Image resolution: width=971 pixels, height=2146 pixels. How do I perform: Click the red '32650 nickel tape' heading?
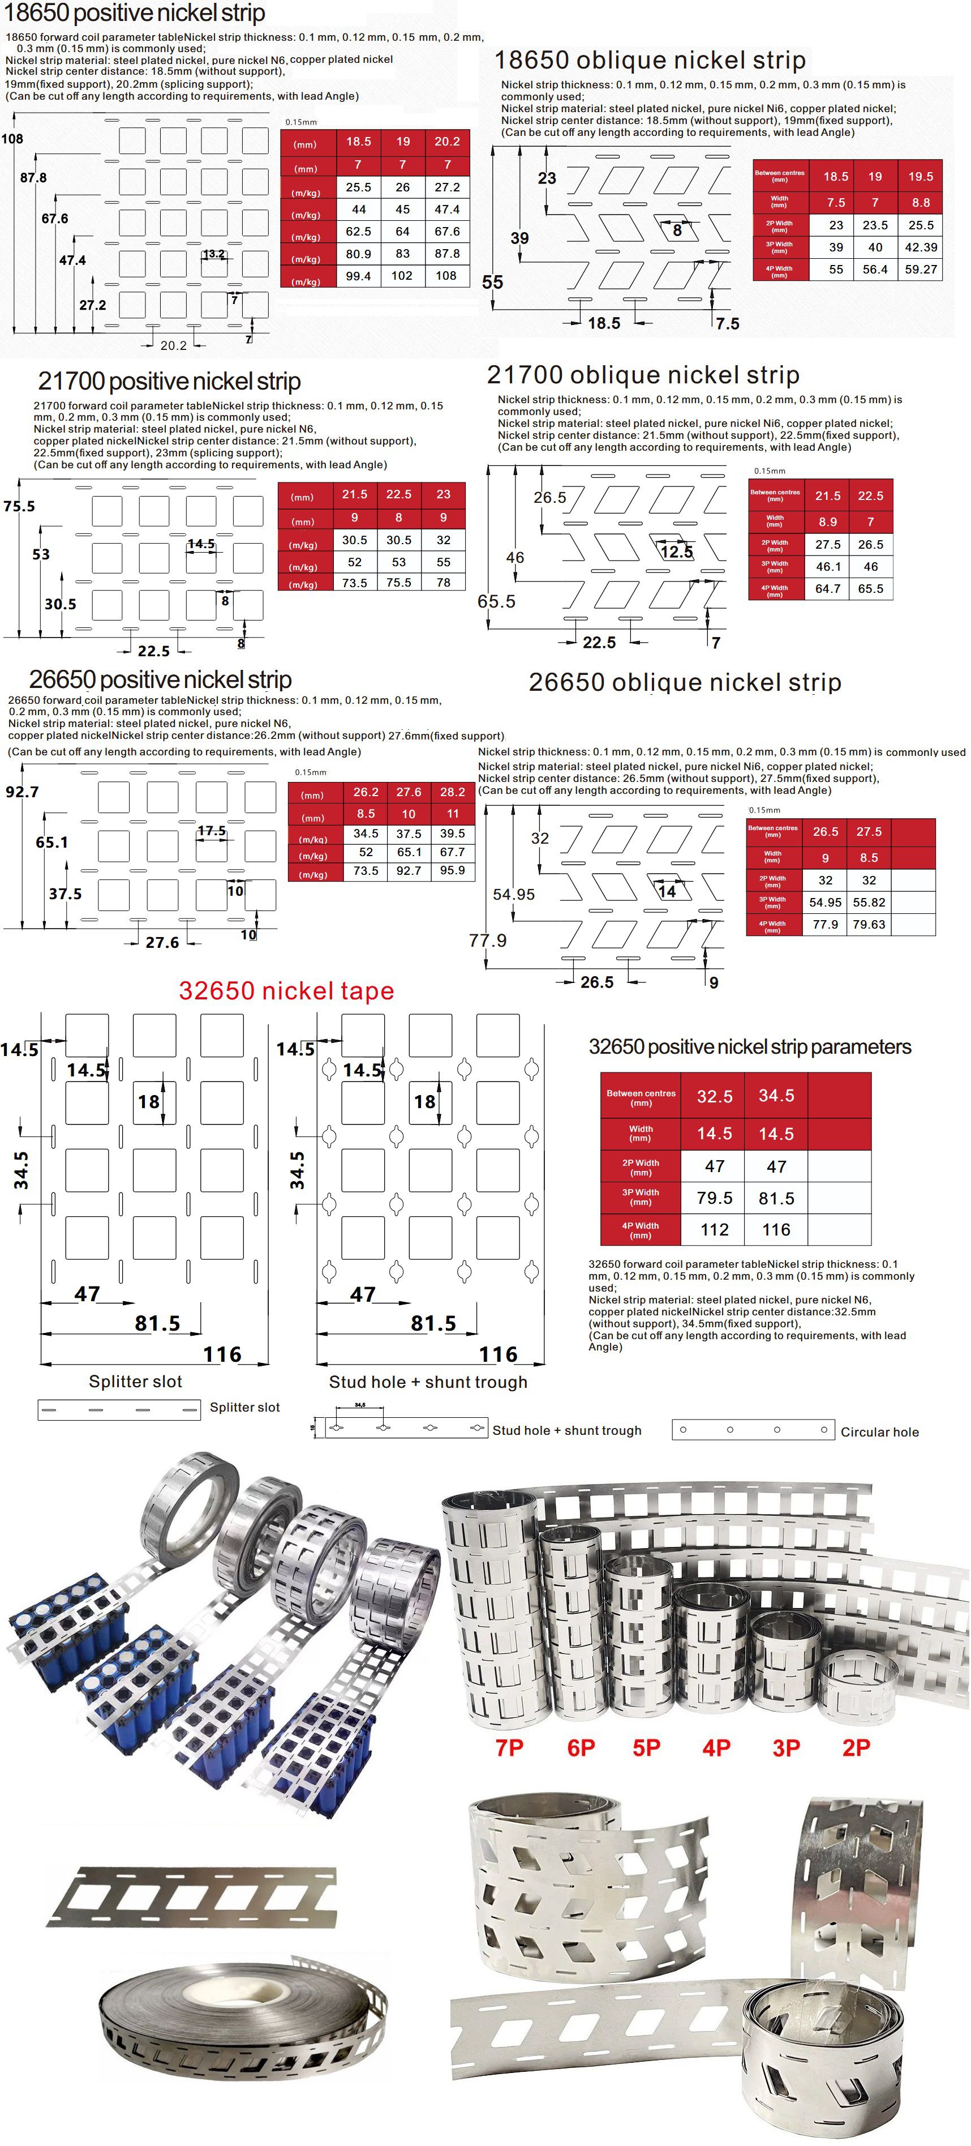(286, 990)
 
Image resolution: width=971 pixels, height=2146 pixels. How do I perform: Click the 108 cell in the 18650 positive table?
(446, 276)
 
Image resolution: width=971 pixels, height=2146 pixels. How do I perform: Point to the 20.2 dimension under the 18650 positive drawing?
(173, 345)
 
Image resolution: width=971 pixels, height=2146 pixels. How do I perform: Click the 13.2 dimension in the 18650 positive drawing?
(213, 254)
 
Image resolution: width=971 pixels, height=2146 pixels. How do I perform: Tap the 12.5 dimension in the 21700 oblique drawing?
(676, 552)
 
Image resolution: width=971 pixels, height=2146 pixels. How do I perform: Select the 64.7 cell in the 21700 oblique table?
(828, 589)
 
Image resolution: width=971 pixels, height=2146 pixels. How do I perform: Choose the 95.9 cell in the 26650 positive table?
(452, 870)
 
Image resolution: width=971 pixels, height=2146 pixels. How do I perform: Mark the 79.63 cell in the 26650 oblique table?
(869, 925)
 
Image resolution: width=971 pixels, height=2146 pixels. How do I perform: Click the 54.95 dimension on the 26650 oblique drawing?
(514, 895)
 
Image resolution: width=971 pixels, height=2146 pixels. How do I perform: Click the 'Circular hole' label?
(879, 1432)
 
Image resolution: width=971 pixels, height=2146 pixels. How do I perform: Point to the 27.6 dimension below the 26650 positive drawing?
(162, 942)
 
